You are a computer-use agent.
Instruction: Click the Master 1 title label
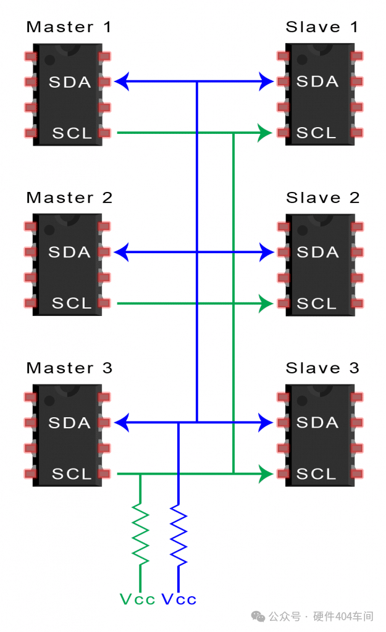coord(69,27)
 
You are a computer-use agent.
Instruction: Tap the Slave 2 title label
coord(322,198)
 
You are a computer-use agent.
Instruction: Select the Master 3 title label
coord(69,368)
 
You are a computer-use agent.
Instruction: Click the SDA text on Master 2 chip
coord(69,252)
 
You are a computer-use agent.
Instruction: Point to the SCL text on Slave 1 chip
coord(316,133)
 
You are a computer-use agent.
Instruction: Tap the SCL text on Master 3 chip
coord(72,474)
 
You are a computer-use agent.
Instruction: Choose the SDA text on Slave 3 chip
coord(317,423)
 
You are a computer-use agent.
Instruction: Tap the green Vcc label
coord(137,599)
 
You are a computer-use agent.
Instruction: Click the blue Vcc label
coord(179,599)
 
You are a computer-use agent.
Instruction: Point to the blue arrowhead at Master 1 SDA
coord(122,81)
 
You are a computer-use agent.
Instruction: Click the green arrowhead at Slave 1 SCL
coord(266,133)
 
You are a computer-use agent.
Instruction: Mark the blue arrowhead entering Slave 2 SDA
coord(267,252)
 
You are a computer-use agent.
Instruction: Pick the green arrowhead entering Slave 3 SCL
coord(266,474)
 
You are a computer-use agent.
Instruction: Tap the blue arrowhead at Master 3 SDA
coord(122,423)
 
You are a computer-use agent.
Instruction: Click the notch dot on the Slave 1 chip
coord(302,60)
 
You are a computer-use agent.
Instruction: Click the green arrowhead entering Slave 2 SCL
coord(266,304)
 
